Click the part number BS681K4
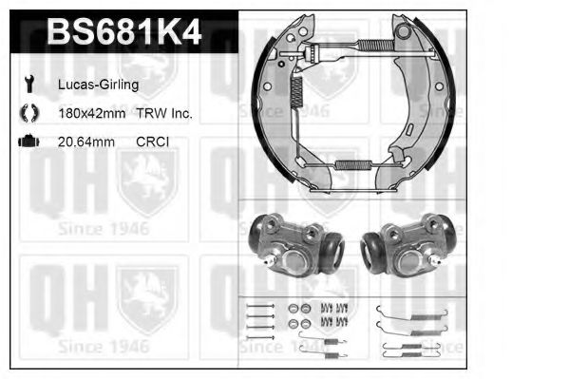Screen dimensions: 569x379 tap(123, 31)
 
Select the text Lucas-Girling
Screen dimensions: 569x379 tap(99, 85)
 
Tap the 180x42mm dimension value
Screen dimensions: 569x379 tap(92, 113)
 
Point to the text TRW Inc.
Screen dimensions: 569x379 tap(164, 113)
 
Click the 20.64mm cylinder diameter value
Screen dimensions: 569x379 tap(86, 142)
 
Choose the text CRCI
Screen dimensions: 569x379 tap(152, 142)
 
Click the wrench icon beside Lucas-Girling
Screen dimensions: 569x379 tap(29, 84)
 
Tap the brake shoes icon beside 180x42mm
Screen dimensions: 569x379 tap(29, 113)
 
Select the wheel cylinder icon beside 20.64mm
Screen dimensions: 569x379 tap(28, 142)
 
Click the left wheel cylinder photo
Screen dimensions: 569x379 tap(296, 245)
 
